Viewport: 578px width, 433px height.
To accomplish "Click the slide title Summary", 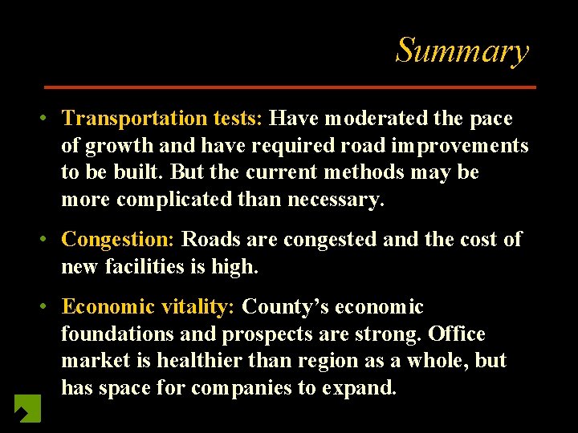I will click(462, 51).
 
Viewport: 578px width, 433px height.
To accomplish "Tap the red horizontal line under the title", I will click(290, 87).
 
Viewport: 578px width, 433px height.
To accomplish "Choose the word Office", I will click(457, 334).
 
